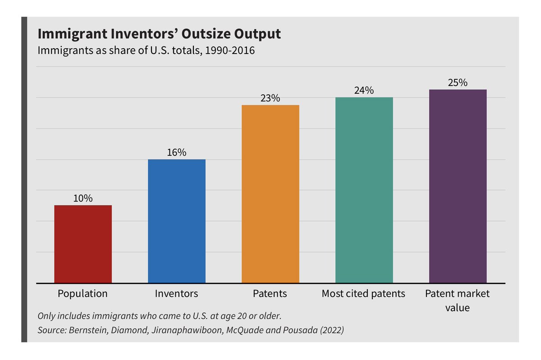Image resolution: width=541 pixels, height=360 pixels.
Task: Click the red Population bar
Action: coord(83,244)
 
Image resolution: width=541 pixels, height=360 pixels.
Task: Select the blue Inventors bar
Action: coord(177,221)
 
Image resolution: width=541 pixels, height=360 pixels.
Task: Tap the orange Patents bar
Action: coord(270,194)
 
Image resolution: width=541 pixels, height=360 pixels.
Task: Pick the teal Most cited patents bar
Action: coord(364,190)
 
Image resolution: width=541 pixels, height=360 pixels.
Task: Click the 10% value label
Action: coord(83,198)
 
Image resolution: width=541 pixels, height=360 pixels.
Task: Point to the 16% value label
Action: coord(177,152)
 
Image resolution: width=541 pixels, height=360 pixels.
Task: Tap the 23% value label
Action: coord(270,98)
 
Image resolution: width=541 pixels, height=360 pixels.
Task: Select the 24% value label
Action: coord(364,90)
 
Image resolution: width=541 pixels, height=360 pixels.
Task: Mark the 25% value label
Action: coord(458,82)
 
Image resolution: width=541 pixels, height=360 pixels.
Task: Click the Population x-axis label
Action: coord(83,294)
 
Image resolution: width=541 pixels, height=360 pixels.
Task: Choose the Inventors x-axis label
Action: coord(177,294)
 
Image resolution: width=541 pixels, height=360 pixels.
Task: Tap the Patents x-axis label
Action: coord(270,294)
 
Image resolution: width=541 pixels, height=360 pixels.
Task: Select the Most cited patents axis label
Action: coord(363,294)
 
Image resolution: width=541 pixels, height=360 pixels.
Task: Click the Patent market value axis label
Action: coord(457,301)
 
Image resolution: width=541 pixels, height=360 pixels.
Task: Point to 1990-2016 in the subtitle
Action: coord(230,50)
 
